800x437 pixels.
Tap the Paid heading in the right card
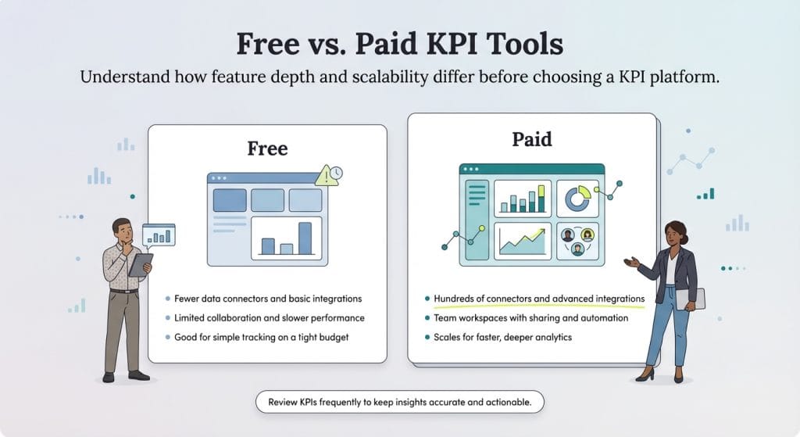click(x=531, y=139)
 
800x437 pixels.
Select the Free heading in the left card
click(x=267, y=148)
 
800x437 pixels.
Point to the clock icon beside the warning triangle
click(x=336, y=173)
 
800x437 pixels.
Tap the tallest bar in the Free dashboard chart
click(x=305, y=238)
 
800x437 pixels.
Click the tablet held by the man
click(x=141, y=264)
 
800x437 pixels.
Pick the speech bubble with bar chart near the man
click(x=159, y=235)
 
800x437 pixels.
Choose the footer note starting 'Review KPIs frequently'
click(x=399, y=402)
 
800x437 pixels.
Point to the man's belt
click(x=123, y=291)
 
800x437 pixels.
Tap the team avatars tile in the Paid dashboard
click(x=577, y=240)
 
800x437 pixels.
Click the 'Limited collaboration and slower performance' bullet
click(x=265, y=318)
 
